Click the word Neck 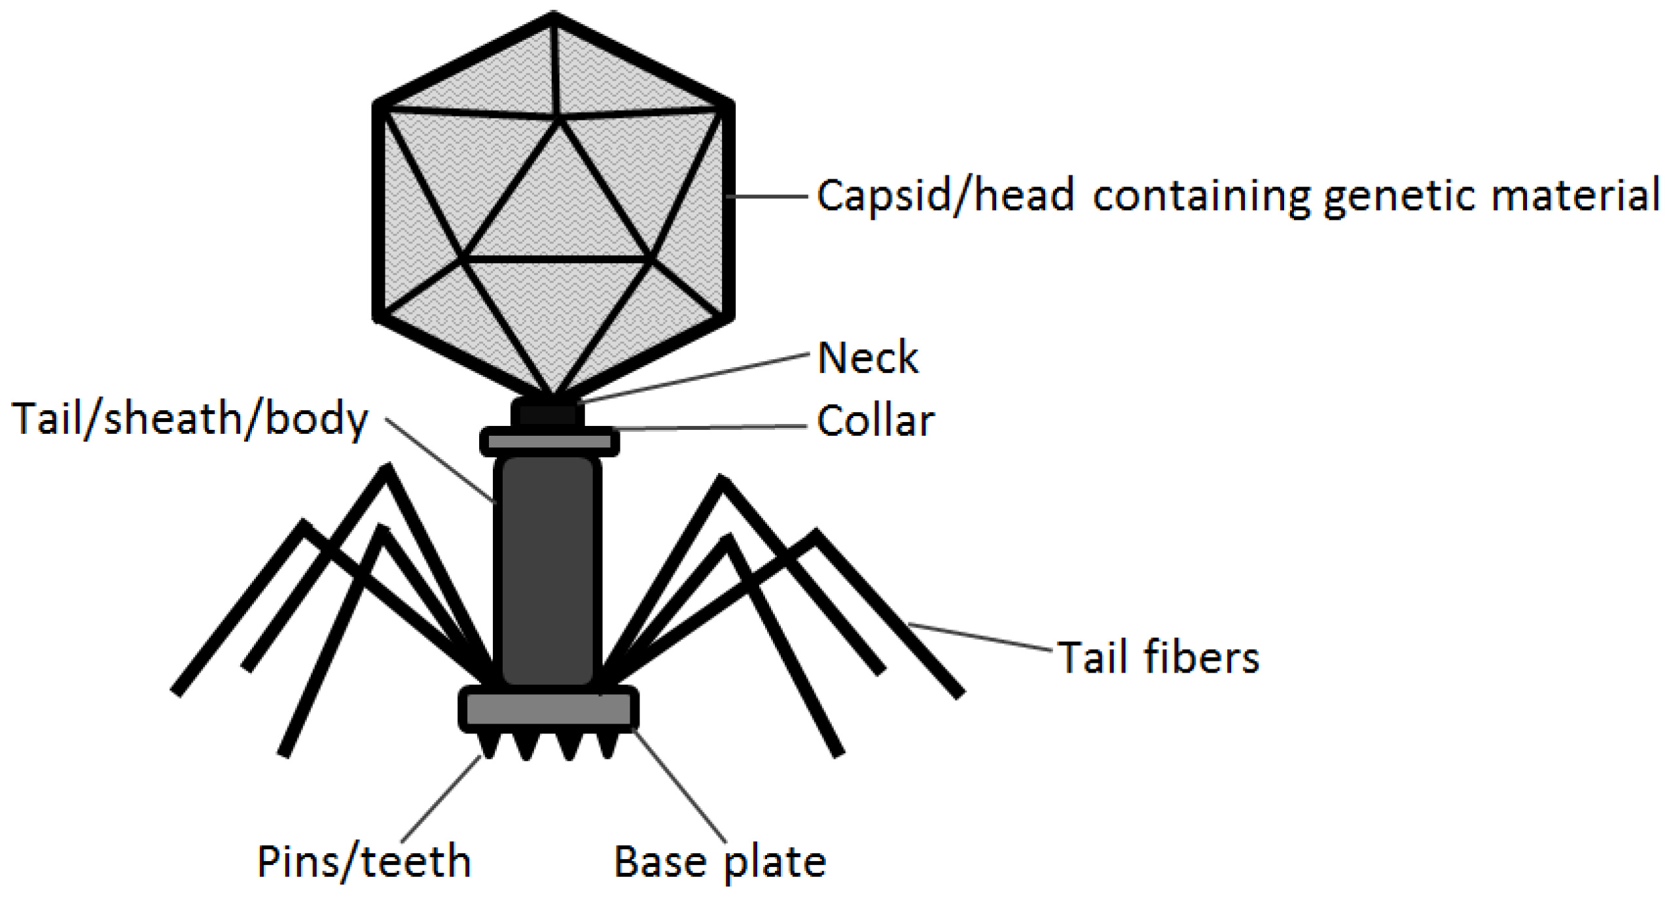point(867,358)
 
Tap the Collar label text point(876,421)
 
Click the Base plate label point(720,862)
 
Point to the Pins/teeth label point(364,862)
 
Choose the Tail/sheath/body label point(190,419)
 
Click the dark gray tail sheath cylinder point(548,569)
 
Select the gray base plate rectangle point(548,709)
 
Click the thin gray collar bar point(550,442)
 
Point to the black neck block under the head point(548,413)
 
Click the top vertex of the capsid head point(554,16)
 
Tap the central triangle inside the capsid point(557,209)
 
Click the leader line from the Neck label point(694,378)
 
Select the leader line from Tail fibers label point(982,638)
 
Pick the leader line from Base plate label point(681,785)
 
